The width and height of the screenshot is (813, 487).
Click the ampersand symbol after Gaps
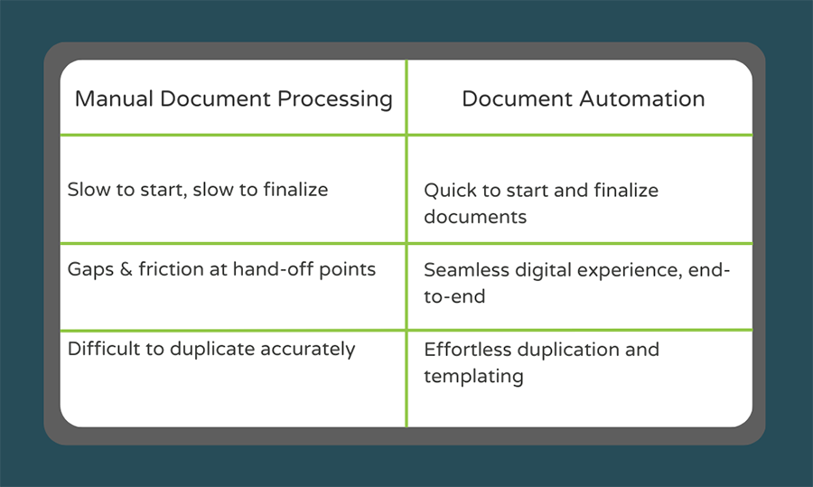click(126, 269)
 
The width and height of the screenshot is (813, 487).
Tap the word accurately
click(313, 349)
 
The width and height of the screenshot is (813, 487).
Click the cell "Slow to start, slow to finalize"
click(198, 190)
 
